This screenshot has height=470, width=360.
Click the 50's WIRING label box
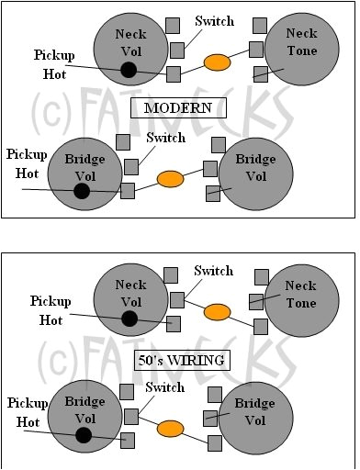(181, 359)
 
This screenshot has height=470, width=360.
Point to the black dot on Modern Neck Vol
(129, 70)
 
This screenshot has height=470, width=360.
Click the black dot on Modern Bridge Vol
(82, 190)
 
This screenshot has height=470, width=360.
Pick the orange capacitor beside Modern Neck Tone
(217, 62)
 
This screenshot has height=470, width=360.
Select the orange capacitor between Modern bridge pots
(170, 179)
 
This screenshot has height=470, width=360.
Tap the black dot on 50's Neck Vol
(129, 319)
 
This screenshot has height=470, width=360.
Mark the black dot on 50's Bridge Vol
(84, 435)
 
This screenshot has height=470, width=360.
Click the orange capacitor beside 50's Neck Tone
(217, 312)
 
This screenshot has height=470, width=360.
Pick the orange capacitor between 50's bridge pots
(170, 429)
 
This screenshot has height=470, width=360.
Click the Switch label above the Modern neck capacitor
(214, 21)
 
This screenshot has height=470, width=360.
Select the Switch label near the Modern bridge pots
(165, 138)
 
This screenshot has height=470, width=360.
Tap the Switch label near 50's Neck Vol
(214, 272)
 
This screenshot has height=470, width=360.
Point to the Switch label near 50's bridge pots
(165, 388)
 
